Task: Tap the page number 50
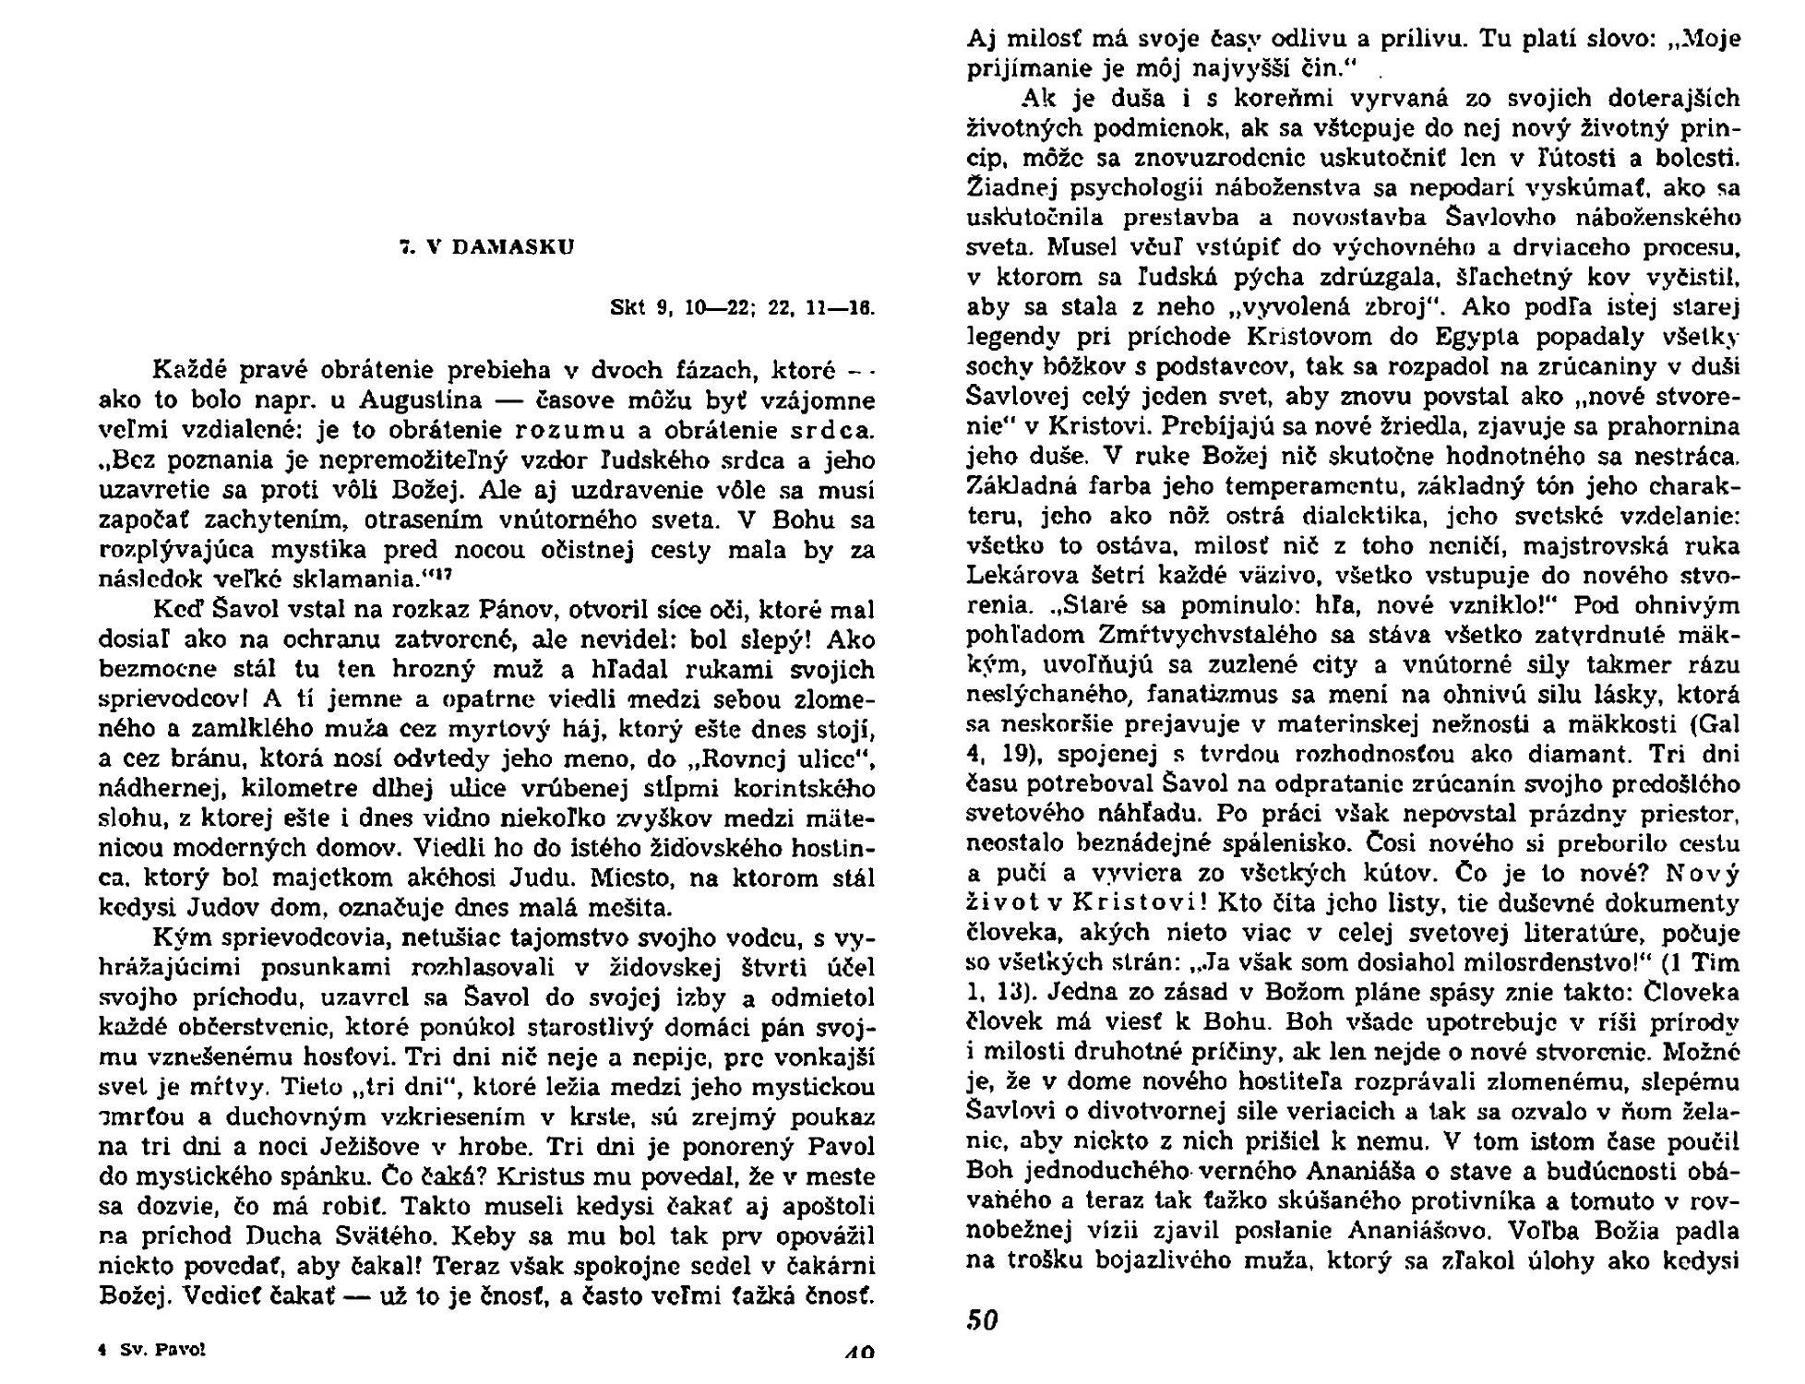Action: pos(983,1320)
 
